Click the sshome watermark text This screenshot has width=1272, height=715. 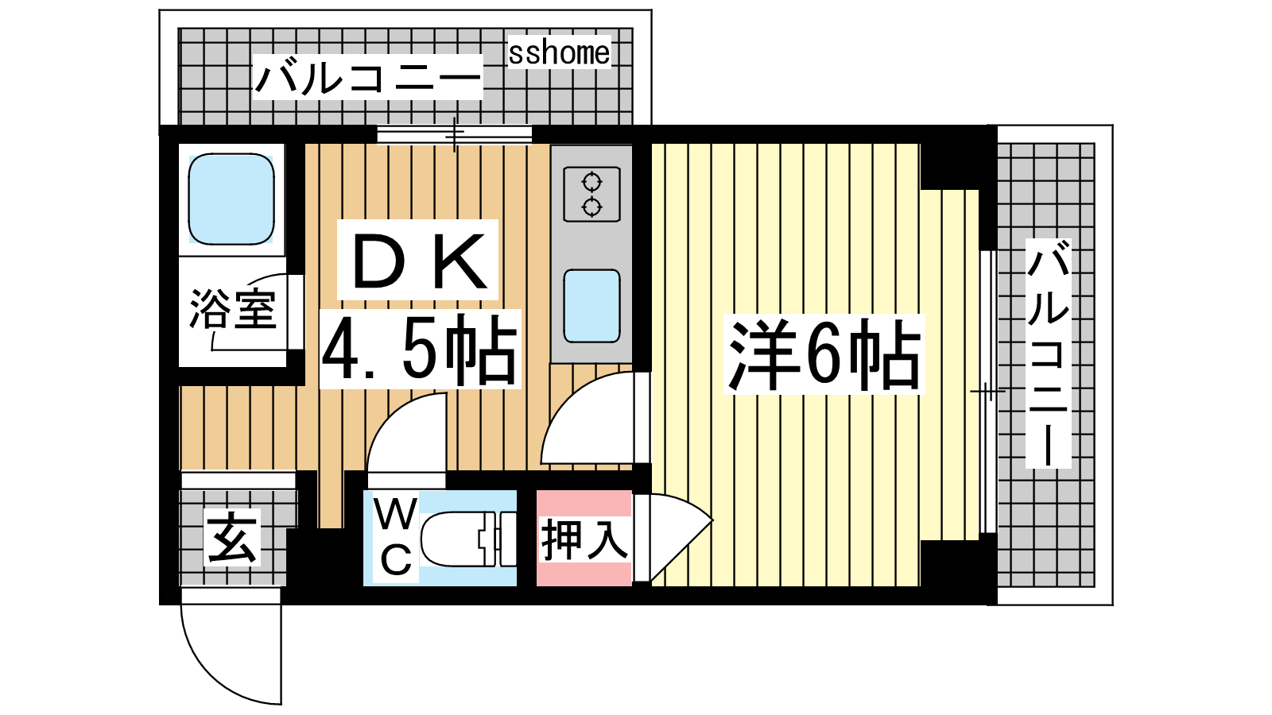point(559,53)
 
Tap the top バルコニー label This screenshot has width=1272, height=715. point(368,79)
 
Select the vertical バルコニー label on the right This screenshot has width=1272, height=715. point(1048,353)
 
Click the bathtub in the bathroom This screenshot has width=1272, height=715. point(231,199)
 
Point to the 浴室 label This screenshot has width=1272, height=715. point(233,309)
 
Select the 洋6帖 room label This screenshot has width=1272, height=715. point(824,354)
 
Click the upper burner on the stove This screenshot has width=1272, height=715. point(591,183)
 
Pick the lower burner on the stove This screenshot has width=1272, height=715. point(591,207)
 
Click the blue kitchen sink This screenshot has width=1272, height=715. point(591,307)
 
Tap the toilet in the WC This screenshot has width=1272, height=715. point(468,539)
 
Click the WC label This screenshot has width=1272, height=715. point(396,536)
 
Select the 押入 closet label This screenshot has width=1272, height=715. point(584,539)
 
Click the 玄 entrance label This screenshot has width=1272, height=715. point(231,537)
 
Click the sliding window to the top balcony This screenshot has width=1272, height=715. point(454,135)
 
